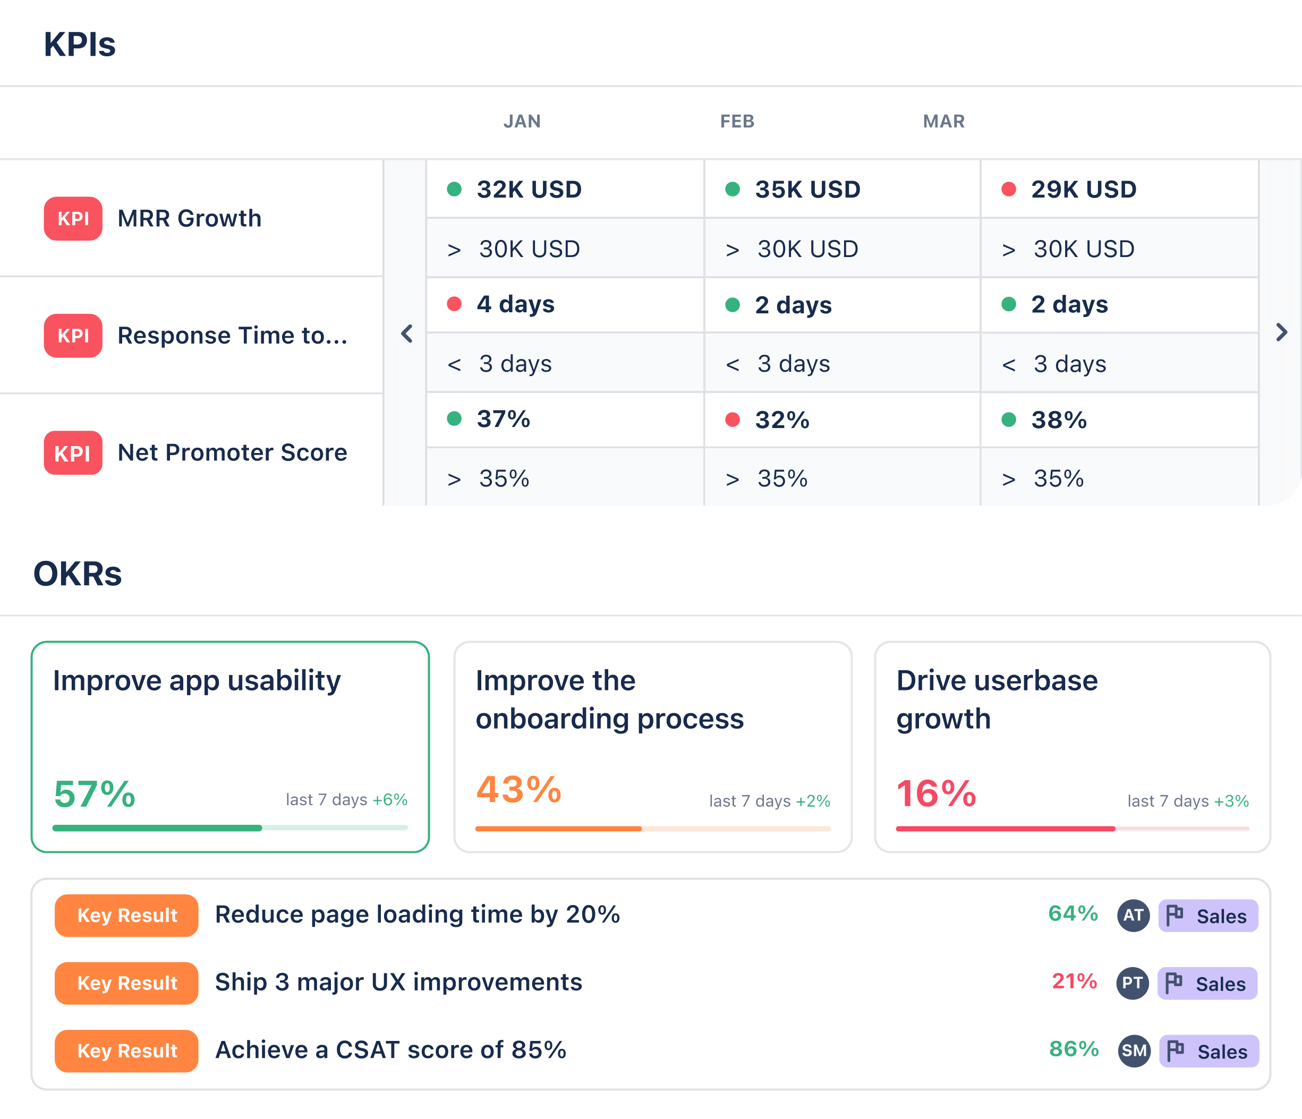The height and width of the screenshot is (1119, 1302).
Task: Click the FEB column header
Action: [737, 121]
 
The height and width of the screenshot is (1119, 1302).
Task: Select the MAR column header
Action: [944, 121]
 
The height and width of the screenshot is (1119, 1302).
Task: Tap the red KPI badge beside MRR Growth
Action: [73, 219]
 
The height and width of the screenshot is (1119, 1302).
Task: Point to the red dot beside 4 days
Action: [454, 304]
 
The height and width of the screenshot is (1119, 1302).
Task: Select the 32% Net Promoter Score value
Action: [782, 420]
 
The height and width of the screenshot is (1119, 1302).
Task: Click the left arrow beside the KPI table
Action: [406, 334]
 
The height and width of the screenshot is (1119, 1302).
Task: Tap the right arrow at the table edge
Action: [1281, 332]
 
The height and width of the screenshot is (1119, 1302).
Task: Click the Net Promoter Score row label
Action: [233, 452]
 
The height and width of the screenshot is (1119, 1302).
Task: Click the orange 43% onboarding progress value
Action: [519, 790]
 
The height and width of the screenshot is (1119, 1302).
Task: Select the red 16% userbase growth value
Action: [937, 793]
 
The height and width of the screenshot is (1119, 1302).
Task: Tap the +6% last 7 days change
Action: [390, 800]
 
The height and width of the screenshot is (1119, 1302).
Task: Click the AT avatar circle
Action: [1134, 916]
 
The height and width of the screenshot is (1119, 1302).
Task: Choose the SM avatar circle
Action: [1134, 1051]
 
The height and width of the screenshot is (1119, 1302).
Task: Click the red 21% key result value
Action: [1075, 981]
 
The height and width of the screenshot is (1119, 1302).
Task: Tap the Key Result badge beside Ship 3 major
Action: [126, 983]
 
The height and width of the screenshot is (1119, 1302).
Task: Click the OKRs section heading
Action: [77, 574]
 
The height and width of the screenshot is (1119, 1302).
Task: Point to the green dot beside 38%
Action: [1009, 420]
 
